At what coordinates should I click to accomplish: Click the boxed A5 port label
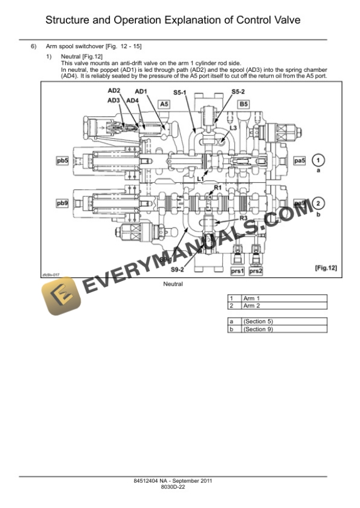(165, 104)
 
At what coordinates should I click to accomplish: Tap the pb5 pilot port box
(63, 160)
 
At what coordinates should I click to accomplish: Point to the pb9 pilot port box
(63, 203)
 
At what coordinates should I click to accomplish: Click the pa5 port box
(300, 160)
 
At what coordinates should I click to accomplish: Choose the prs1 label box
(237, 271)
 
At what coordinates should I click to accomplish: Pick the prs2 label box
(256, 271)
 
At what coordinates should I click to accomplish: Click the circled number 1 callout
(318, 160)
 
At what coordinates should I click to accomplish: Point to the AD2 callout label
(114, 91)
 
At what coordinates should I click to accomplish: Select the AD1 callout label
(141, 91)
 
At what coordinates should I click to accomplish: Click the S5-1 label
(180, 92)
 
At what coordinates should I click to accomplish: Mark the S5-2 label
(238, 92)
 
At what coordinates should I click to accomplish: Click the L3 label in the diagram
(234, 128)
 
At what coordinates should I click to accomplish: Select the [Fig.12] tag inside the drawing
(326, 268)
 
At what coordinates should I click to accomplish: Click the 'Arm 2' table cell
(252, 306)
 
